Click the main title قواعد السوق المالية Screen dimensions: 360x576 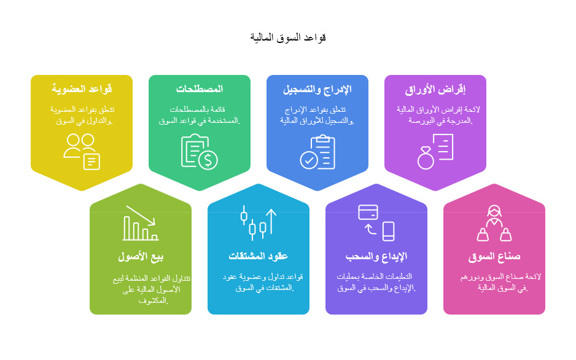(287, 37)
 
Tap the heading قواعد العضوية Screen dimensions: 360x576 (82, 89)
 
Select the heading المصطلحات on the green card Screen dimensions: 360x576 (200, 89)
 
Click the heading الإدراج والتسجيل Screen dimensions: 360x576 (317, 89)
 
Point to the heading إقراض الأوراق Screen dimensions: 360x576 (435, 89)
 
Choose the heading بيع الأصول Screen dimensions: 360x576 (141, 256)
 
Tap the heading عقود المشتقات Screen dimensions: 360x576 (259, 256)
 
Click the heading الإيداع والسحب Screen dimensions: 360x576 (376, 256)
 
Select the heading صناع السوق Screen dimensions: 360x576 (494, 256)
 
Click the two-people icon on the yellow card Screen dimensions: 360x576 (82, 151)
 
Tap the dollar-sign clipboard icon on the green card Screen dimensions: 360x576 (200, 151)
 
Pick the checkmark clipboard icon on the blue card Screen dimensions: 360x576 (317, 151)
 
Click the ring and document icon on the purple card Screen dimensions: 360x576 (435, 151)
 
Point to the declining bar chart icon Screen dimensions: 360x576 (141, 223)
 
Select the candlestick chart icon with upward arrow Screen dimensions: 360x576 (259, 223)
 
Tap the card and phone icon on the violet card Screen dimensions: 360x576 (376, 223)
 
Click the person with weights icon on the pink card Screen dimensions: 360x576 (494, 223)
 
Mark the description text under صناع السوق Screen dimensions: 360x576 (494, 283)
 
